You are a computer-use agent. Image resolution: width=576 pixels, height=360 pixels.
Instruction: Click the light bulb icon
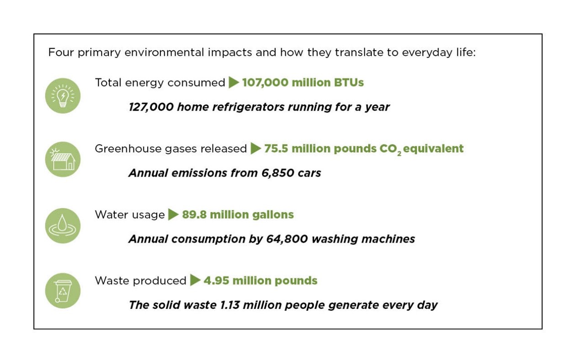tap(63, 96)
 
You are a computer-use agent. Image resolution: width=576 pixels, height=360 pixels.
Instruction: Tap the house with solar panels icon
tap(63, 159)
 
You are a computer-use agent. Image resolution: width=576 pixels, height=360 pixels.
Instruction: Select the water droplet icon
tap(63, 226)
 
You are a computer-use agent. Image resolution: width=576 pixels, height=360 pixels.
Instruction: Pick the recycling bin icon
tap(63, 291)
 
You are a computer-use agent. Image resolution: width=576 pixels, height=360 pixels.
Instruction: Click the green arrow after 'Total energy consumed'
tap(234, 82)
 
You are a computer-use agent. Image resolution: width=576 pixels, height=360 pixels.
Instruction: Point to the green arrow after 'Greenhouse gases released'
tap(256, 149)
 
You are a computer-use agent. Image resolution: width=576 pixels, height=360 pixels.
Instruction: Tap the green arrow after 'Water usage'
tap(173, 215)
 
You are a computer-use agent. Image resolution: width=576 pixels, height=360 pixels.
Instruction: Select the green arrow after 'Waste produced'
tap(195, 280)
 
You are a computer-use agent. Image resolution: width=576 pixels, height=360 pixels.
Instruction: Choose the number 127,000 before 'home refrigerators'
tap(151, 107)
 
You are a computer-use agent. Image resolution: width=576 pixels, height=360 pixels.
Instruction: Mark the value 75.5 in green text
tap(276, 149)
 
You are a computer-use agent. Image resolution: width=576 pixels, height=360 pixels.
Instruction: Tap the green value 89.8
tap(194, 215)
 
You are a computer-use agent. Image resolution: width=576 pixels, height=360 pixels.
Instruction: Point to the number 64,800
tap(287, 239)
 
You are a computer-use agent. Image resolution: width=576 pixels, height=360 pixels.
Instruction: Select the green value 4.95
tap(216, 280)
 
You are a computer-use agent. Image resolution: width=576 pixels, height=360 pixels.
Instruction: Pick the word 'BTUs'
tap(349, 83)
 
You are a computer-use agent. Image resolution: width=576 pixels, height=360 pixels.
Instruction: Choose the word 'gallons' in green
tap(273, 215)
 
